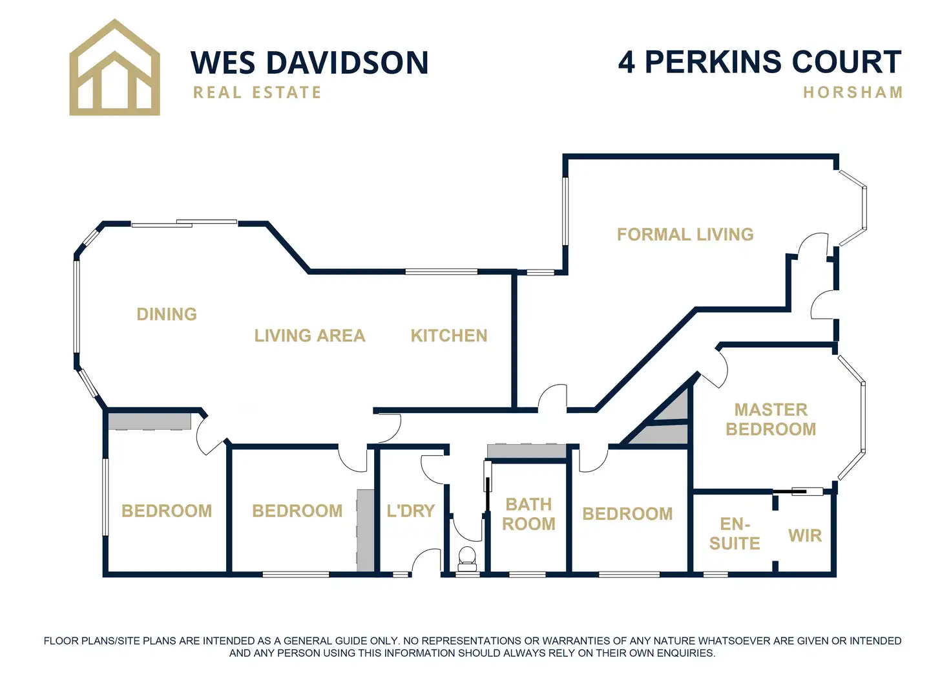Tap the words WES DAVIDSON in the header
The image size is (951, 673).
tap(309, 63)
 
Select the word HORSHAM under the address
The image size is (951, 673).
tap(852, 92)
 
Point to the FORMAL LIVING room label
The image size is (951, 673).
tap(685, 234)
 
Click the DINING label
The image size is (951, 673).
tap(167, 314)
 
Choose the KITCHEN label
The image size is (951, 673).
tap(449, 336)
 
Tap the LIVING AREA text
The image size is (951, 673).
tap(309, 336)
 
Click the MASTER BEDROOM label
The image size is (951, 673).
tap(771, 419)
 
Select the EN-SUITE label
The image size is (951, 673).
tap(735, 533)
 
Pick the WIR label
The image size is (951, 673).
tap(805, 535)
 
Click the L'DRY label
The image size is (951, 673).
tap(410, 511)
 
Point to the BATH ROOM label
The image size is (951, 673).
tap(528, 514)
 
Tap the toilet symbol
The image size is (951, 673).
tap(466, 558)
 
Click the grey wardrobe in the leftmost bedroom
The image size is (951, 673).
tap(149, 421)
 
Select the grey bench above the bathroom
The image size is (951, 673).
tap(527, 451)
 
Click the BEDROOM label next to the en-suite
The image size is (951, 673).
tap(627, 514)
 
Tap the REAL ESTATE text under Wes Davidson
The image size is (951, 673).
tap(257, 92)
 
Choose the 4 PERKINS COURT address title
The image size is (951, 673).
tap(759, 62)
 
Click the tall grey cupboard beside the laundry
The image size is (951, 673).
tap(366, 530)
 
